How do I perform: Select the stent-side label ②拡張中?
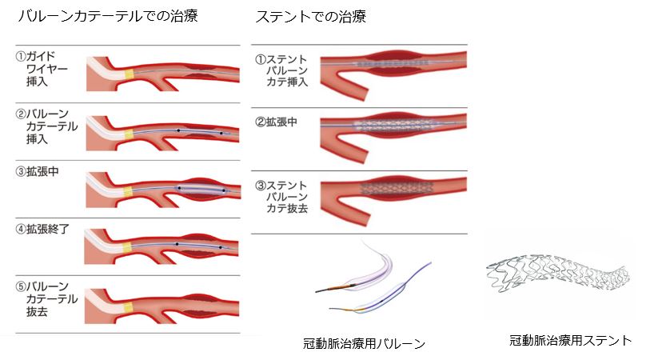click(x=277, y=122)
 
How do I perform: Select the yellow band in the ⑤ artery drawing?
click(x=129, y=304)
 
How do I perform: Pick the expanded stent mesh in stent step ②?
click(x=393, y=125)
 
